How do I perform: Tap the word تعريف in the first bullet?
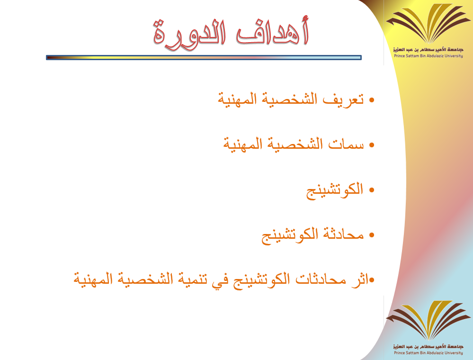pyautogui.click(x=343, y=99)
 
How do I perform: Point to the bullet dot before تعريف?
pyautogui.click(x=371, y=100)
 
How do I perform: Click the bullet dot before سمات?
pyautogui.click(x=371, y=145)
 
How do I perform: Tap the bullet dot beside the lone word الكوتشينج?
pyautogui.click(x=371, y=190)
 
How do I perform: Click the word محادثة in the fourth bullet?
pyautogui.click(x=343, y=234)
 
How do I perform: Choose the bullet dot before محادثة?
pyautogui.click(x=371, y=235)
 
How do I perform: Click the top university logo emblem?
pyautogui.click(x=428, y=24)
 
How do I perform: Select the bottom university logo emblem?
pyautogui.click(x=428, y=320)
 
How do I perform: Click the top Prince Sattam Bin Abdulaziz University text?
pyautogui.click(x=428, y=56)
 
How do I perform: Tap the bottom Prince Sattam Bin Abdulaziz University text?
pyautogui.click(x=428, y=353)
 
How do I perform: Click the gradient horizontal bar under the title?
pyautogui.click(x=204, y=58)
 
